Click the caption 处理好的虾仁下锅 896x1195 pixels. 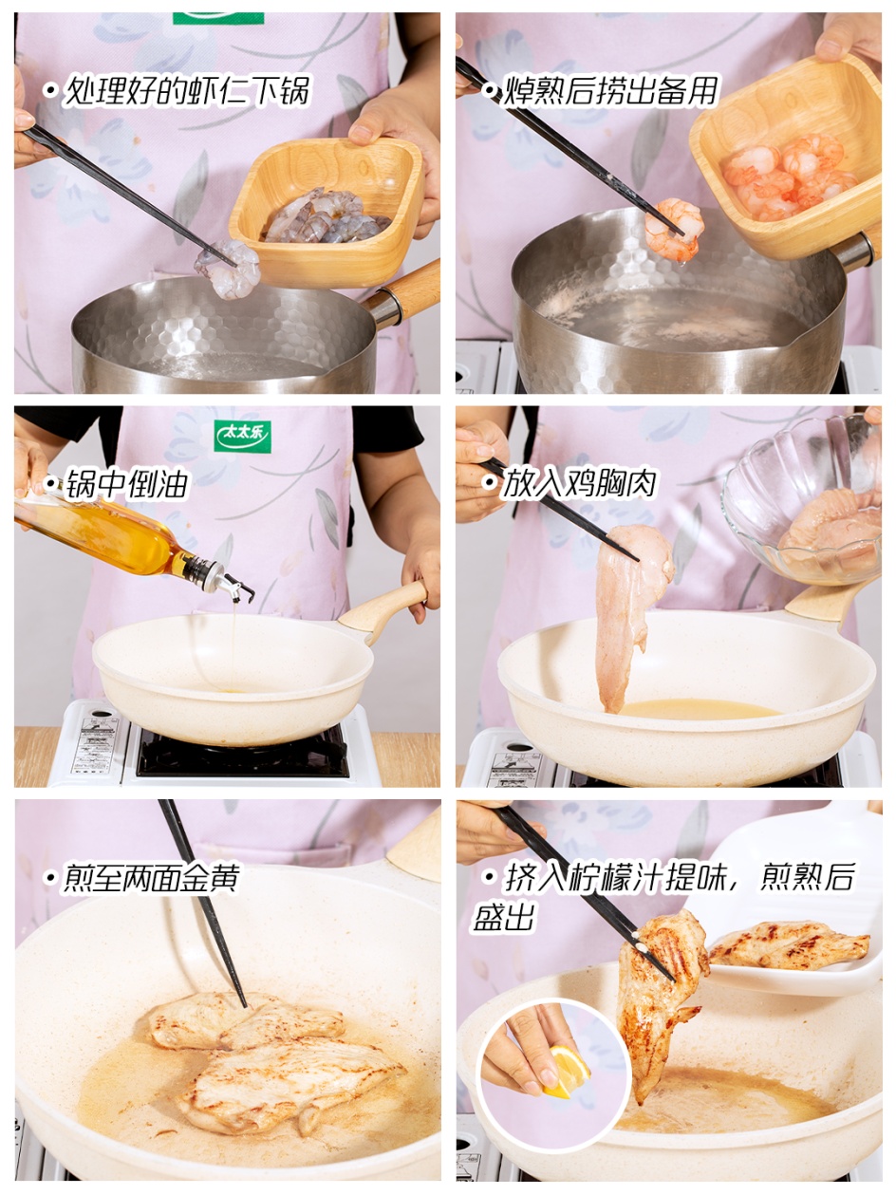186,90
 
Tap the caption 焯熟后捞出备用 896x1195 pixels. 610,90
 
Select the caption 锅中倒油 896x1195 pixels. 126,483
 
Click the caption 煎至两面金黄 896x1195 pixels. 151,877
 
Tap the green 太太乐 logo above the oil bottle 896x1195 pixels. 242,436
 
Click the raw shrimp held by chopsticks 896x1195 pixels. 228,269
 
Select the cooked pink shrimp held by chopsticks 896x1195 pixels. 674,230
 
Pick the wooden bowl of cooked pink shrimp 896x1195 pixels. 785,158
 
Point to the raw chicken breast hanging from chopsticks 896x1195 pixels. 631,612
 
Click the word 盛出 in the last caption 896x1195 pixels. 504,917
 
